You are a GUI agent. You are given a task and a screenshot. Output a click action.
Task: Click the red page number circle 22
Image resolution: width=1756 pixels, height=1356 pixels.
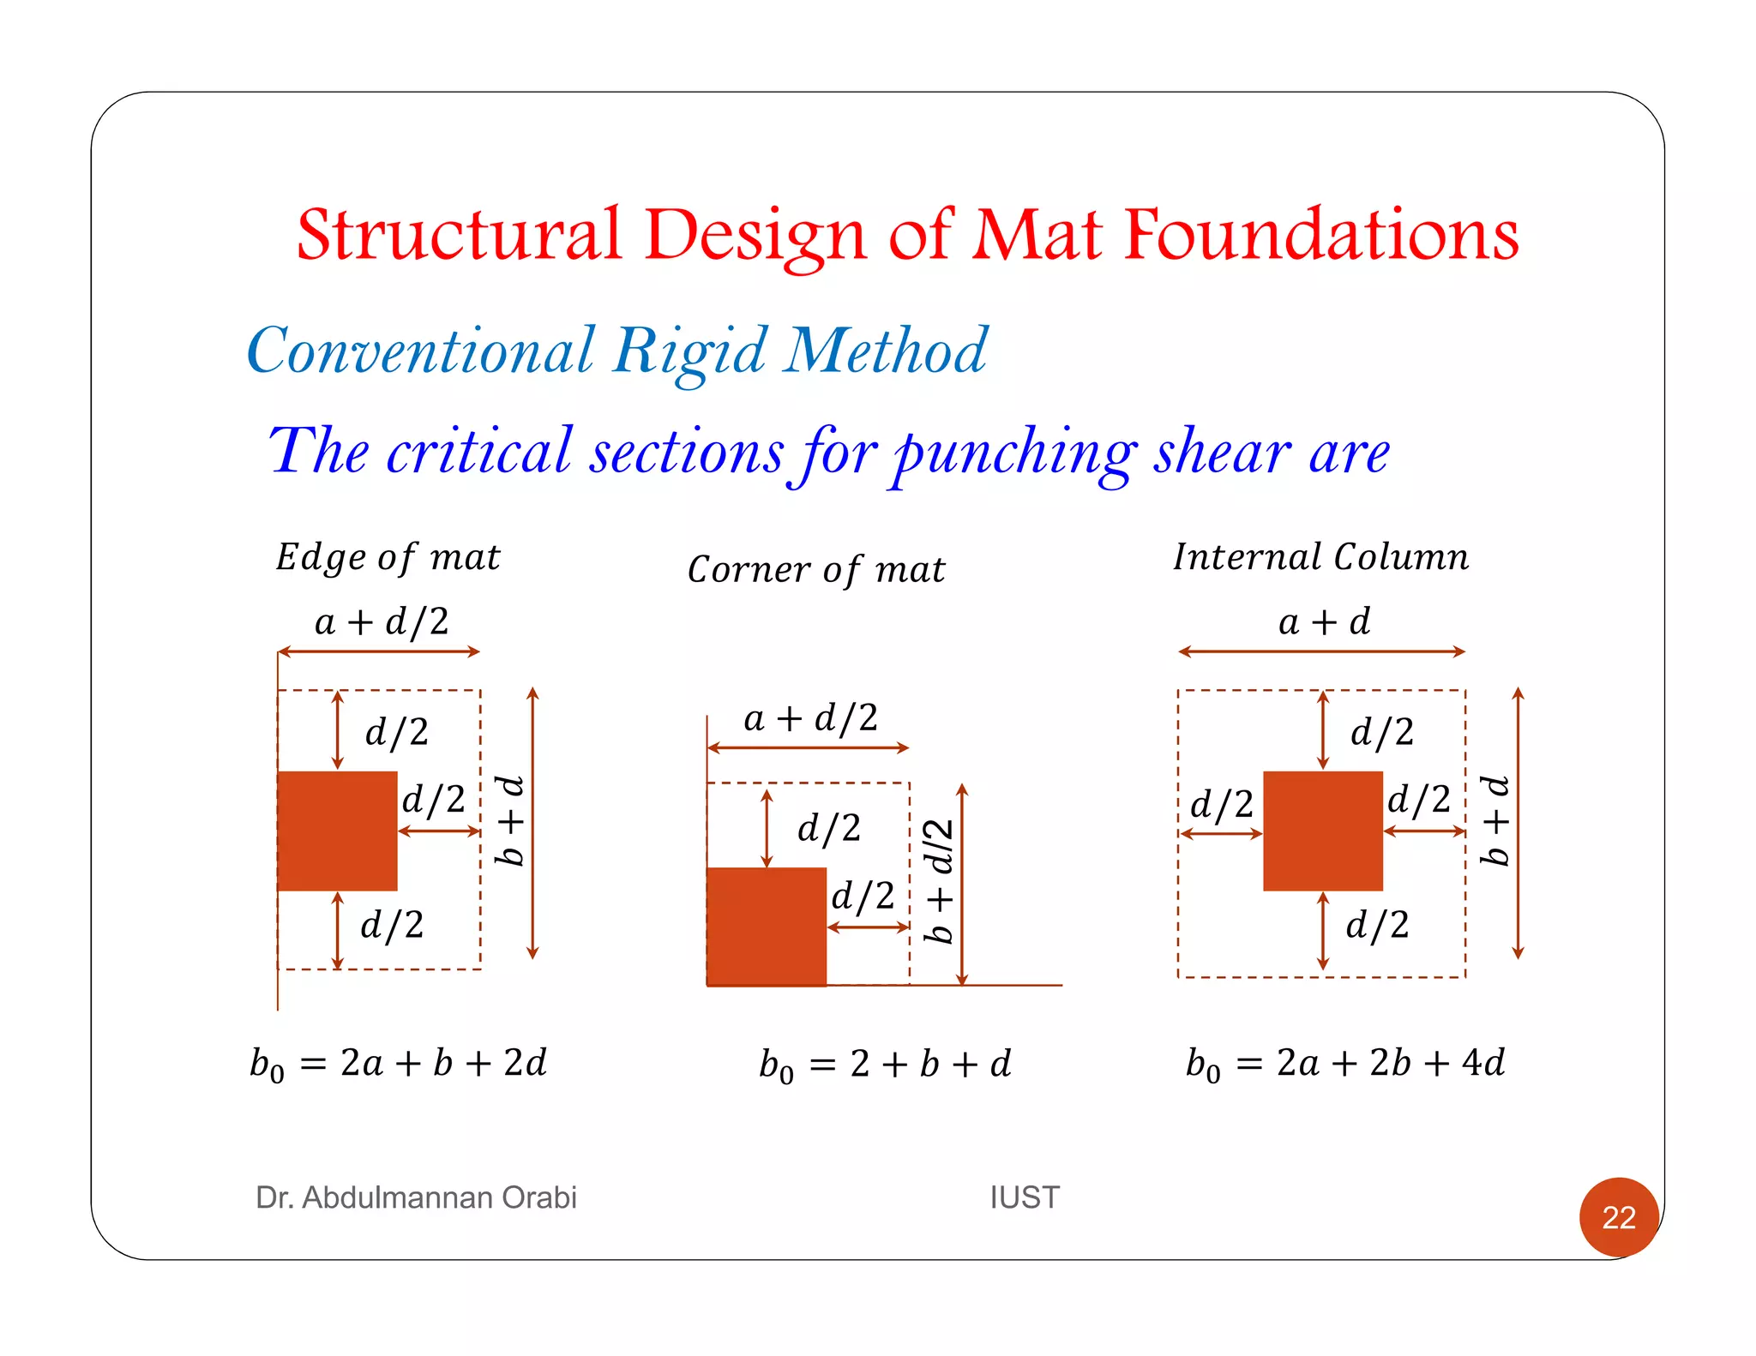coord(1618,1216)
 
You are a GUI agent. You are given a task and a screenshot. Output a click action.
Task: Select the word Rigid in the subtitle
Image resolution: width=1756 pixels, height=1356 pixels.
coord(690,351)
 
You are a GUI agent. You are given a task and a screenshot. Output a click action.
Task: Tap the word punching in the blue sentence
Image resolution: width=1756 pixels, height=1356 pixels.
coord(1015,453)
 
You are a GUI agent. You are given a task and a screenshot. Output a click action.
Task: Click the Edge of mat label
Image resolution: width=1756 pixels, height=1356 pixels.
coord(388,558)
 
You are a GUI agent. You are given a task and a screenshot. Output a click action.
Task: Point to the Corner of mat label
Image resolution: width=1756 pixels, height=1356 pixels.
coord(815,570)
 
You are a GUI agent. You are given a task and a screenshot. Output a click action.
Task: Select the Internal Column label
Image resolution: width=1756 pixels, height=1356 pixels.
coord(1320,557)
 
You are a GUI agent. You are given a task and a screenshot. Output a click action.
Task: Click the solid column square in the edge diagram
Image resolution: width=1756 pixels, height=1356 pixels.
coord(337,831)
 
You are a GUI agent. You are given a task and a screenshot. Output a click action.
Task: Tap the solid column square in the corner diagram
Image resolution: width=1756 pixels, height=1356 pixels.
coord(767,927)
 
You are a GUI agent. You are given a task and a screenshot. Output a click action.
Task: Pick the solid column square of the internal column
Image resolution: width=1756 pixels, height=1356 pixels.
coord(1322,831)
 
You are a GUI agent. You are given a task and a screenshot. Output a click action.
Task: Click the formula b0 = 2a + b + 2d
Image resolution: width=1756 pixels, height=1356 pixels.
coord(398,1064)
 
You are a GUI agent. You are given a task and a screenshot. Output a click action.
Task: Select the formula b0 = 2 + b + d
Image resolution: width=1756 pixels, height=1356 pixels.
coord(885,1065)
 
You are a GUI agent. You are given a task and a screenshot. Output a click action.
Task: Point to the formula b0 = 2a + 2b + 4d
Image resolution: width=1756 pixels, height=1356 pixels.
coord(1344,1064)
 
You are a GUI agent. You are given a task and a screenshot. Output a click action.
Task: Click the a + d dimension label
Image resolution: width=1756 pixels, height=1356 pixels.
coord(1324,621)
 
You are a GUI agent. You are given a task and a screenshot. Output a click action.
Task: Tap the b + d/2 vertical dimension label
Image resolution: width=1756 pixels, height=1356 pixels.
coord(940,880)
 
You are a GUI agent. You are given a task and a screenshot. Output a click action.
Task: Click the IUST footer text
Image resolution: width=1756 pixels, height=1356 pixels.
coord(1025,1197)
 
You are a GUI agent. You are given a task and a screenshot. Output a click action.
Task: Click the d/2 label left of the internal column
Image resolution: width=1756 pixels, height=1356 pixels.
coord(1221,805)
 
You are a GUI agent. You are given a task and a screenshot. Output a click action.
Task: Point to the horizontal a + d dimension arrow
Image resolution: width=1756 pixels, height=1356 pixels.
coord(1321,651)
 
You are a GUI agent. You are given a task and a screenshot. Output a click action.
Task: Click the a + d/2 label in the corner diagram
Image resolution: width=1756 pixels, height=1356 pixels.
coord(810,718)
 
